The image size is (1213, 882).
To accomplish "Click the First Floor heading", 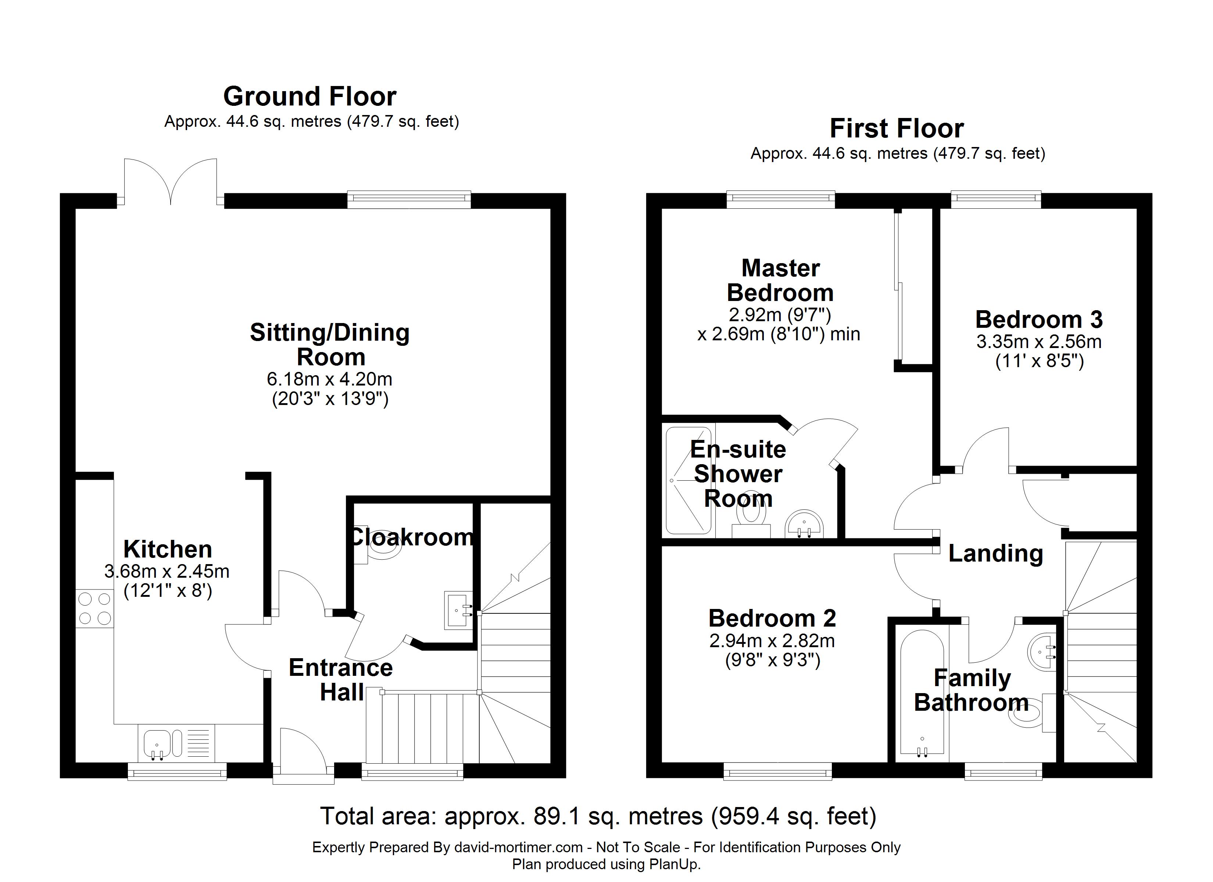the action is pyautogui.click(x=897, y=129).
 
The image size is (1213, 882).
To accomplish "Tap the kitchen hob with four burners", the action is pyautogui.click(x=95, y=609).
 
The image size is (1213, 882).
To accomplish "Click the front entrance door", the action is pyautogui.click(x=303, y=755).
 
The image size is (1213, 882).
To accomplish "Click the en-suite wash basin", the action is pyautogui.click(x=804, y=524).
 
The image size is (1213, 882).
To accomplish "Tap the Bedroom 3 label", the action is pyautogui.click(x=1039, y=320).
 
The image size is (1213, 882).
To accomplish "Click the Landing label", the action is pyautogui.click(x=995, y=553).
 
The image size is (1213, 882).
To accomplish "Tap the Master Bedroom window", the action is pyautogui.click(x=781, y=200).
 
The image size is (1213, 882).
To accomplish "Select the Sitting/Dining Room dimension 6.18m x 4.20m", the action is pyautogui.click(x=329, y=379).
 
